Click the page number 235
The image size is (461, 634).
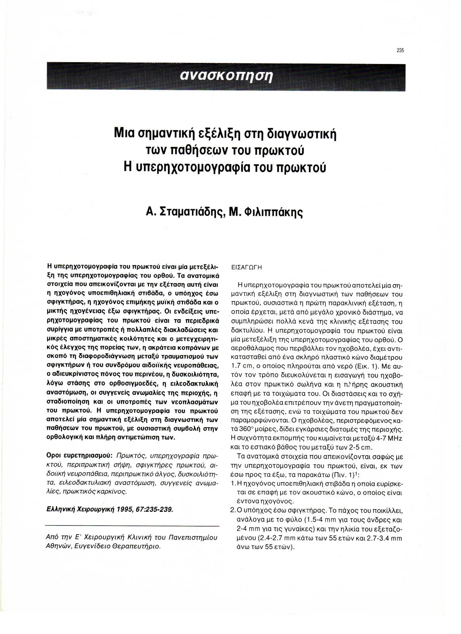400,51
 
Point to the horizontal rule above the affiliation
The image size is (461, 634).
132,526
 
